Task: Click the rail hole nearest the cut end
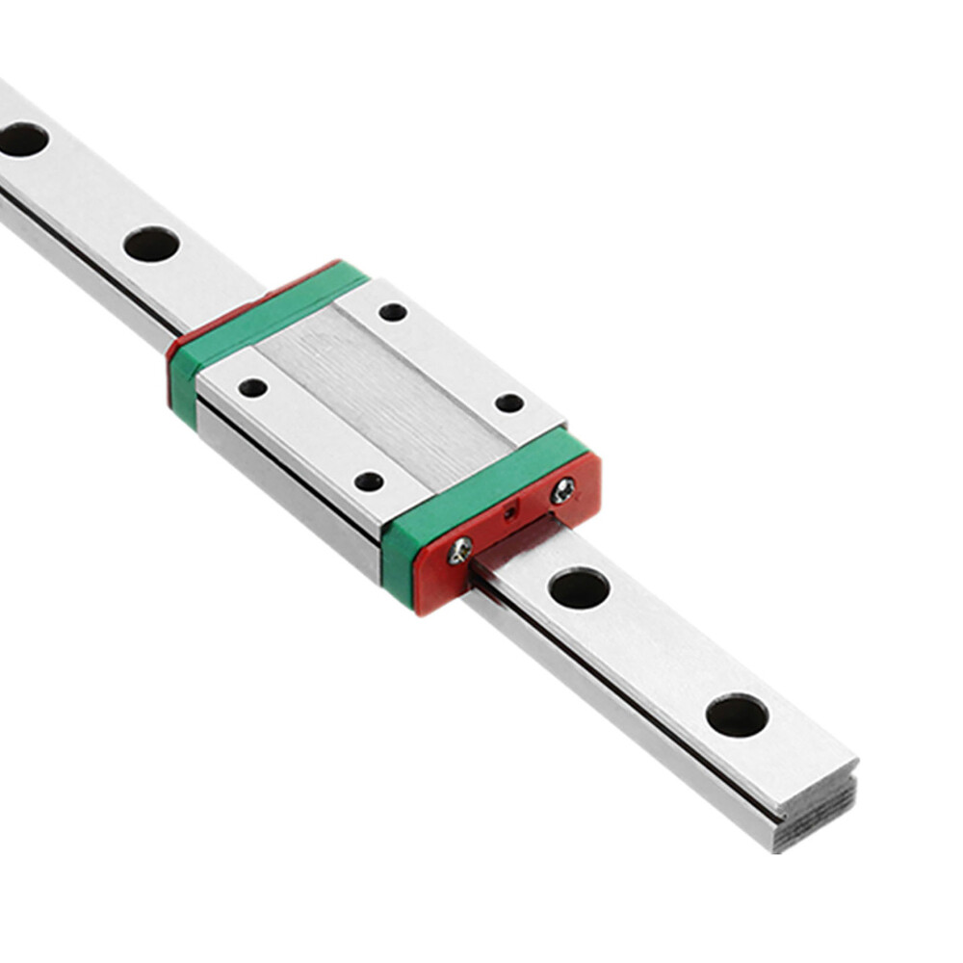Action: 737,716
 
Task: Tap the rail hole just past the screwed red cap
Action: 579,587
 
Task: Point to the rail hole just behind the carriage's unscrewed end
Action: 151,244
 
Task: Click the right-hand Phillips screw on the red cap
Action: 562,491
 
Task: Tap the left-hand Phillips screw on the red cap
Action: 460,549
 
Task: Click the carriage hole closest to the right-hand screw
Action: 509,403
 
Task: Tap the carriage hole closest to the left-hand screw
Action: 368,481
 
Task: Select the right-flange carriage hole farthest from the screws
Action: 392,311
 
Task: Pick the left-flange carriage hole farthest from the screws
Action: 252,387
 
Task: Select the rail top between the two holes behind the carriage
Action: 87,193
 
